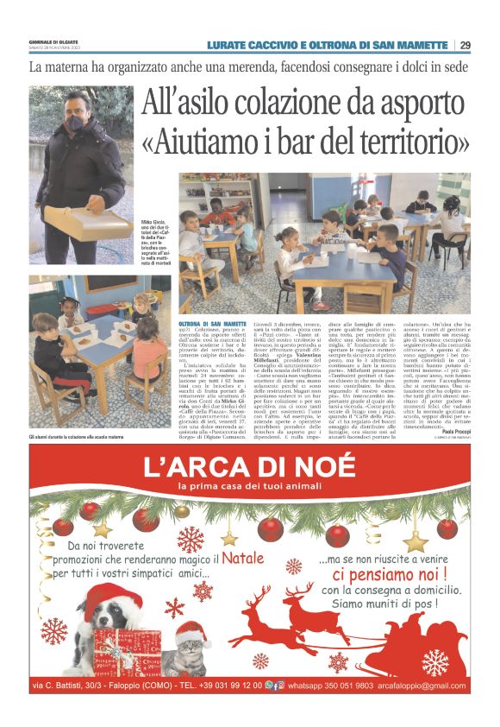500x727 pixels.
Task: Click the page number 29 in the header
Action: tap(466, 45)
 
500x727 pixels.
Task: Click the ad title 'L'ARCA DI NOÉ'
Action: tap(249, 468)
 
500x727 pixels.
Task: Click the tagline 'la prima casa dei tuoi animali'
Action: tap(249, 490)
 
